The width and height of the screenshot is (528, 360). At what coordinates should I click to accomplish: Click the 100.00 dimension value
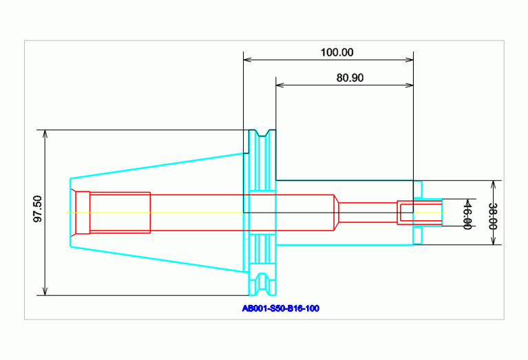coord(337,52)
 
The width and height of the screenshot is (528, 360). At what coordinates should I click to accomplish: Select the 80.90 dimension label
coord(350,78)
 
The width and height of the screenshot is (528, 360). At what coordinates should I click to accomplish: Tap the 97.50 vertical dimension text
coord(37,209)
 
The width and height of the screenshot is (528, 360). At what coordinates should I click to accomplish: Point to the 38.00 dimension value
coord(492,215)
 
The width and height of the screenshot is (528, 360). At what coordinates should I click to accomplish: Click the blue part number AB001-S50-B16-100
coord(280,308)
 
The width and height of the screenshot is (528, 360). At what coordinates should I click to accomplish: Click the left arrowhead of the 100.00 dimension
coord(247,60)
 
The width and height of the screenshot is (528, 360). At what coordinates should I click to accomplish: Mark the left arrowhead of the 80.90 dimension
coord(279,86)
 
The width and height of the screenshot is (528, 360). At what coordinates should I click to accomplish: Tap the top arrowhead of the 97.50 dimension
coord(45,133)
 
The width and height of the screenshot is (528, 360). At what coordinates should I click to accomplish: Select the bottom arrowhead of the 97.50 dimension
coord(45,292)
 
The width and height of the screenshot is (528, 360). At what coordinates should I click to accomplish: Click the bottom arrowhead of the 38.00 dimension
coord(494,241)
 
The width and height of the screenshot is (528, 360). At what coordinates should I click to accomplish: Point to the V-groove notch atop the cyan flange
coord(262,132)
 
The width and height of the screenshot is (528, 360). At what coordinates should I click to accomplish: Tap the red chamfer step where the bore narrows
coord(337,213)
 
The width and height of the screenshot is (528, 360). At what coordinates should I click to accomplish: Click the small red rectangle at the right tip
coord(405,213)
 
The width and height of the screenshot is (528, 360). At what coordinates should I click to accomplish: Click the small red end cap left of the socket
coord(83,213)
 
